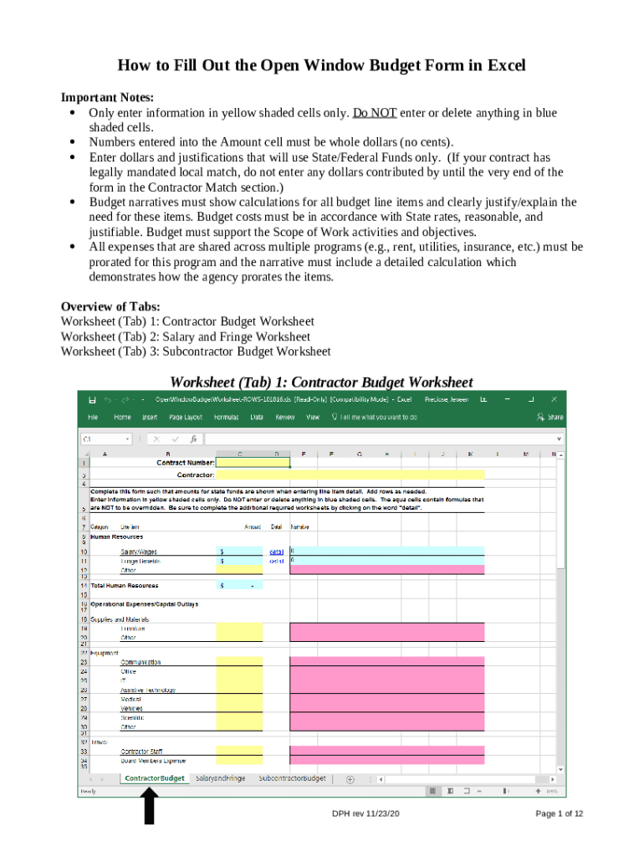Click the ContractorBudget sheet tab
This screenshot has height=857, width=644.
(155, 778)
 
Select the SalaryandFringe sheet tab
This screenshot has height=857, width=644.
(220, 778)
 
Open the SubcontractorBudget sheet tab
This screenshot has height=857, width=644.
(292, 778)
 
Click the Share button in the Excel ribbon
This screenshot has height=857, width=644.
(551, 417)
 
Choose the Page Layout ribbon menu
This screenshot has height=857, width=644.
(186, 417)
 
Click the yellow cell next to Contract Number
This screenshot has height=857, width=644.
(253, 462)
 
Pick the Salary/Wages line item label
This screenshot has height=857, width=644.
(139, 552)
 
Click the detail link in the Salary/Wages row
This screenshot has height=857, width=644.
(276, 552)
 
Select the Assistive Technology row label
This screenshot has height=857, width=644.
(148, 690)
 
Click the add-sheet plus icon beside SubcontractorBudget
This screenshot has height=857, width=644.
(350, 779)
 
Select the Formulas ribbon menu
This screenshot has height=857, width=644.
(226, 417)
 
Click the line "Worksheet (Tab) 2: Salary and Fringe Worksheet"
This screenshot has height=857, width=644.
(185, 336)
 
